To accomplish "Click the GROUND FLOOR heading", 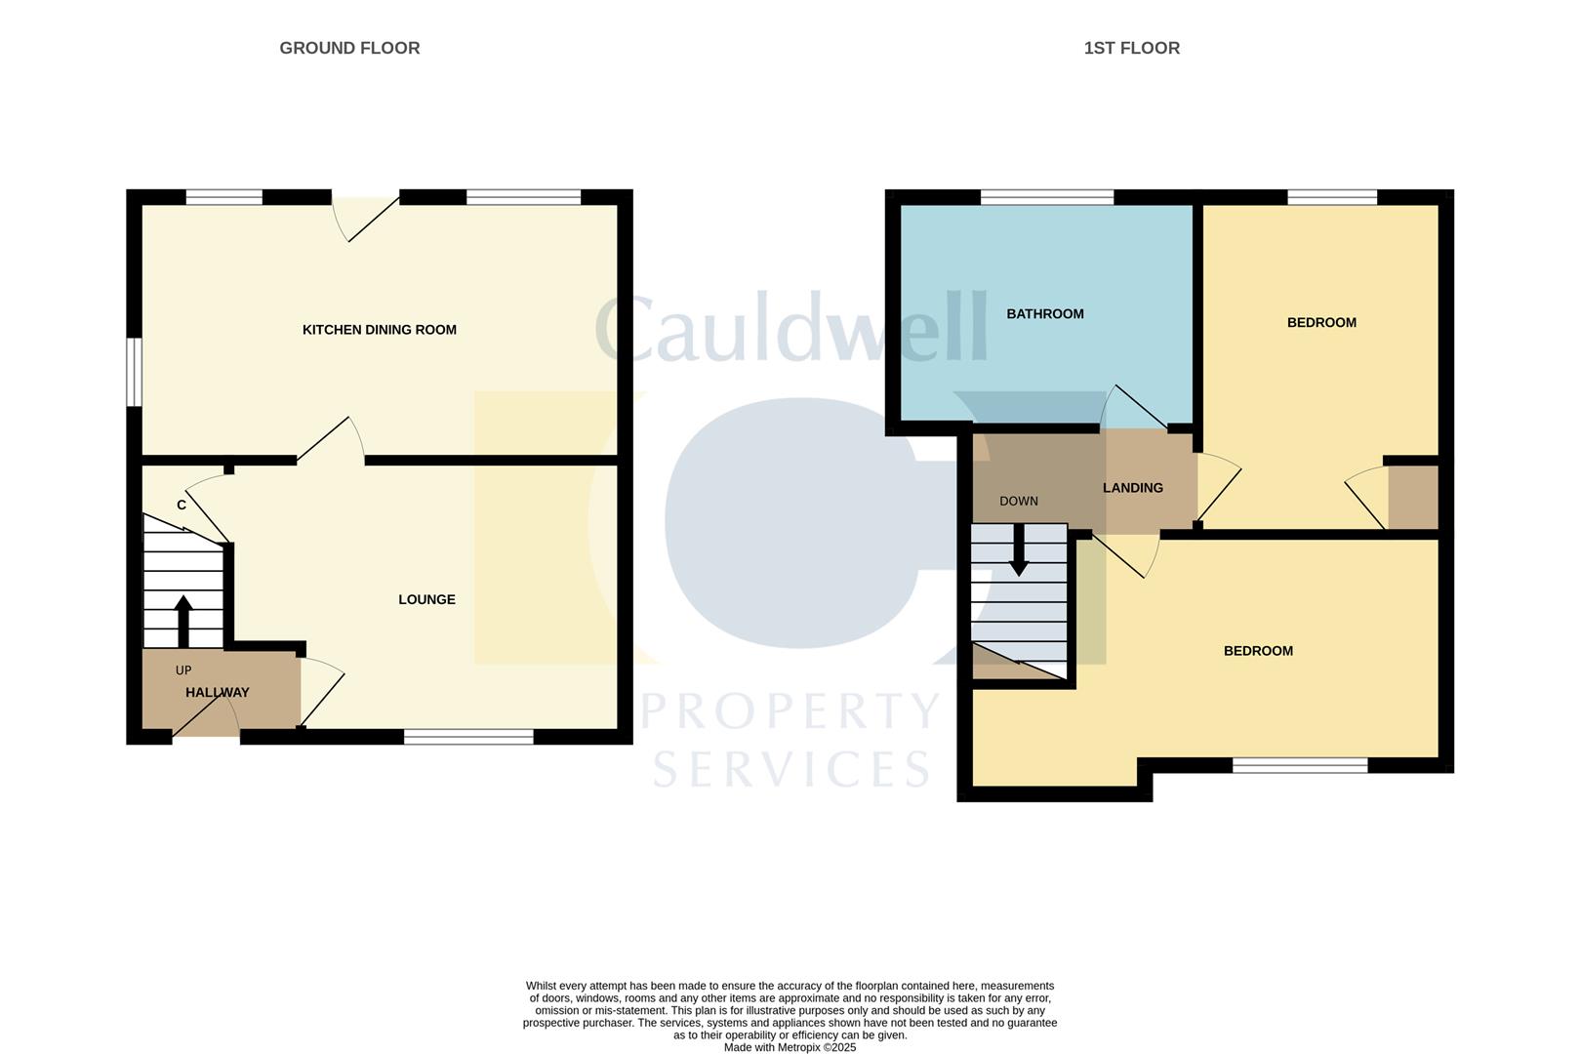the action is (x=349, y=48).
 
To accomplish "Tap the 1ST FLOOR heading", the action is (x=1131, y=48).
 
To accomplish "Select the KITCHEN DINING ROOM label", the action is (x=380, y=330).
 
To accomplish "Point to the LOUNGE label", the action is (x=426, y=599).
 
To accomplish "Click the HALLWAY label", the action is (x=218, y=693).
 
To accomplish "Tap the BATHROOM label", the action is (x=1044, y=314).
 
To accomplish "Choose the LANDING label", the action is (x=1133, y=488).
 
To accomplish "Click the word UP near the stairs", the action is (x=183, y=670).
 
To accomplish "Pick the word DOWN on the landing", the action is (x=1019, y=501).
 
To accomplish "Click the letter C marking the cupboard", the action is (x=182, y=506).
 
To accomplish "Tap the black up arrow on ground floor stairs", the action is (x=183, y=622).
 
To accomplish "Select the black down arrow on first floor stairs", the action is (x=1019, y=549).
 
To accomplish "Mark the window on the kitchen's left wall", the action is (x=134, y=372).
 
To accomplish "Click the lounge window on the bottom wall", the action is (x=468, y=737).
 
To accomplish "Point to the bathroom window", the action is (x=1047, y=197).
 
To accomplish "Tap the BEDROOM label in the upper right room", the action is (x=1321, y=322).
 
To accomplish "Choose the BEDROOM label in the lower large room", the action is (x=1258, y=651).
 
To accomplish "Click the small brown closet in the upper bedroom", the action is (x=1413, y=497).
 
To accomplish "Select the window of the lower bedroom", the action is (x=1300, y=765).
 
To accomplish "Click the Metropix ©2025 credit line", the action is (x=790, y=1047).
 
